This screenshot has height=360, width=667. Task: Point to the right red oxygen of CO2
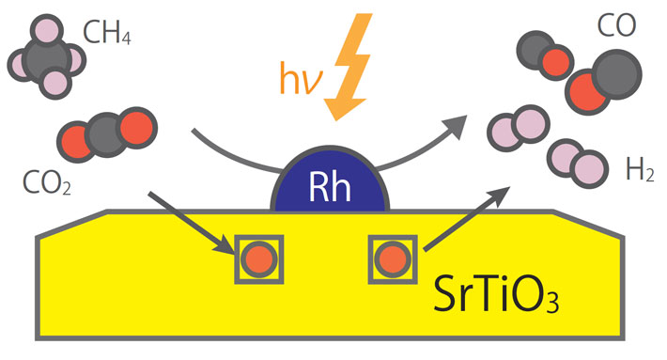pyautogui.click(x=134, y=129)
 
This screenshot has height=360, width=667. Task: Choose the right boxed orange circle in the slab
pyautogui.click(x=392, y=258)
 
